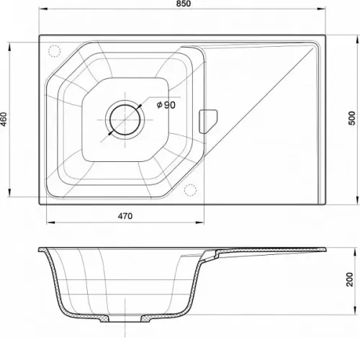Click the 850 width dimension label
(183, 4)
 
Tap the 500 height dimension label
(352, 118)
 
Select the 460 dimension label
(4, 120)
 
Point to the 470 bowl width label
(125, 216)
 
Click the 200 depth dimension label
(350, 279)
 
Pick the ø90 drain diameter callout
(166, 105)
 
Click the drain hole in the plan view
(125, 120)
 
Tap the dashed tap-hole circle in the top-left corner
(55, 51)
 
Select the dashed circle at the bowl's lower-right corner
(190, 190)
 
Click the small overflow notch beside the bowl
(208, 122)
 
